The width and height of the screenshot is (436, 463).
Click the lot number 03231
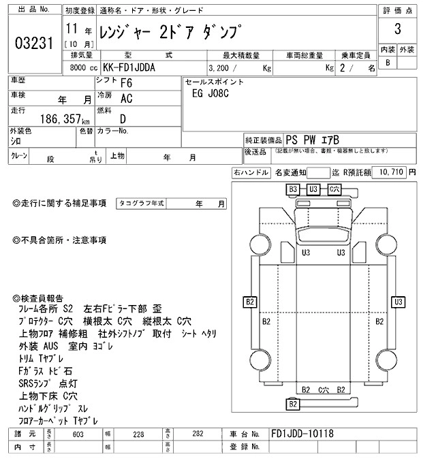pos(33,44)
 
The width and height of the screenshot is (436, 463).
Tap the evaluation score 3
pos(397,32)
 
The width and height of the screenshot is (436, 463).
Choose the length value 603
pos(78,434)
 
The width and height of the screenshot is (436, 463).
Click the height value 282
pos(198,434)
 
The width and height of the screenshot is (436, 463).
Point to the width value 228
pos(138,434)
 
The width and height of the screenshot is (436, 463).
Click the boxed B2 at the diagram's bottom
pos(293,404)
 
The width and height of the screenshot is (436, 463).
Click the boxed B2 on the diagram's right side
pos(396,302)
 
